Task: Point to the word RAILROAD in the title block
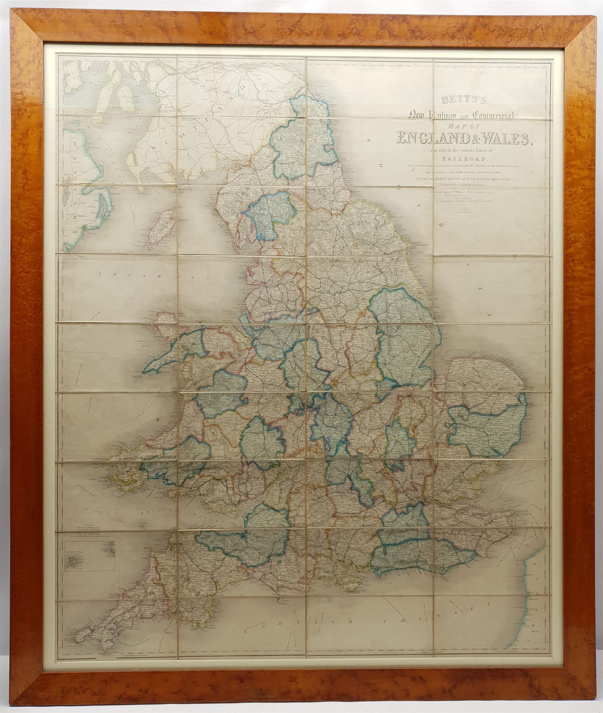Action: (x=458, y=158)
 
